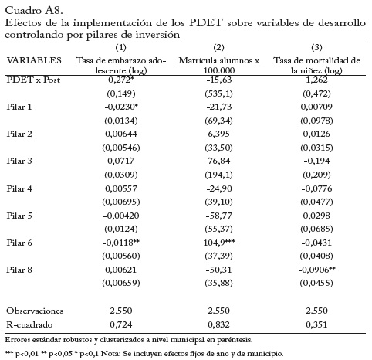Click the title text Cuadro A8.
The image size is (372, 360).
coord(34,11)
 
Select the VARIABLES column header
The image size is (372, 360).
coord(34,60)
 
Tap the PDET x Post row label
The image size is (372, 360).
coord(33,80)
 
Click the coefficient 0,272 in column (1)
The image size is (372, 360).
coord(121,80)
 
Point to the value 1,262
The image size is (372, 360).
coord(316,80)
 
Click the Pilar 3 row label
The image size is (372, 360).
coord(19,161)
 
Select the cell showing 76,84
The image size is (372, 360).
coord(219,161)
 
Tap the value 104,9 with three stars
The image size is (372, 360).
coord(219,243)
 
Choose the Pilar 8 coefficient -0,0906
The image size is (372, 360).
coord(316,270)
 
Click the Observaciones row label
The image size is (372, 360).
coord(35,311)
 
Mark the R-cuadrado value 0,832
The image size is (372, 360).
coord(218,324)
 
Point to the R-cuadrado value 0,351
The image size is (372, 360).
coord(316,324)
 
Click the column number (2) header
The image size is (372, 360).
coord(218,47)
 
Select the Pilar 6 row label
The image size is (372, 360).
coord(19,243)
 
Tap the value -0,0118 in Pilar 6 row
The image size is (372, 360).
coord(121,243)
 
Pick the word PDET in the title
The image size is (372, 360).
coord(205,22)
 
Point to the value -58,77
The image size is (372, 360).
coord(219,216)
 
